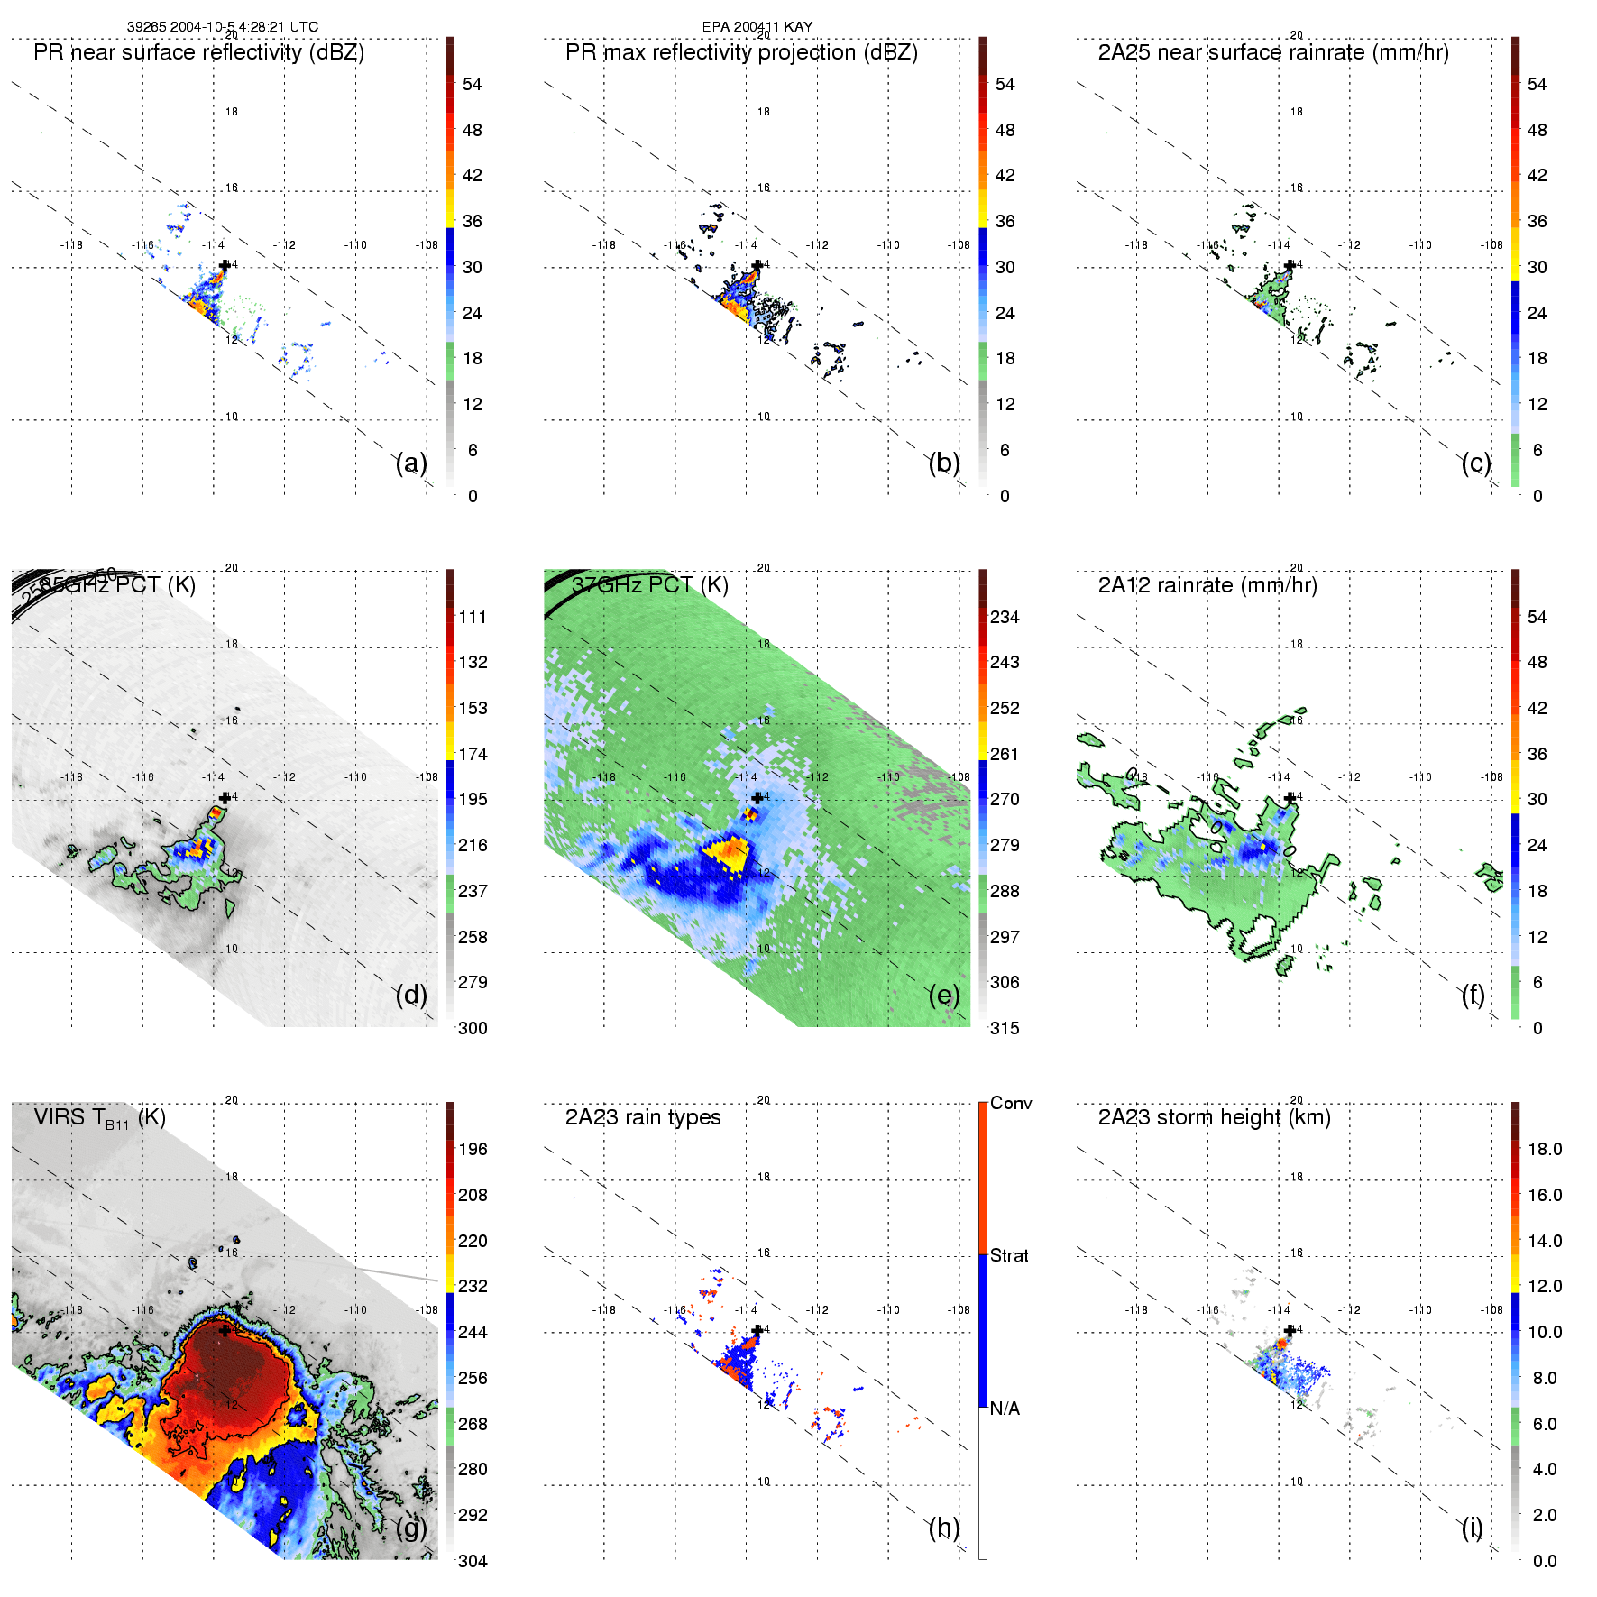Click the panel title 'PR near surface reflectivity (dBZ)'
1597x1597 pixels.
click(198, 52)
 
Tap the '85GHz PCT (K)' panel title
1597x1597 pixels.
click(117, 585)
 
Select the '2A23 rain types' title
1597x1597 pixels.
click(643, 1117)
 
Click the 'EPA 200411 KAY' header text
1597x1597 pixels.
click(757, 27)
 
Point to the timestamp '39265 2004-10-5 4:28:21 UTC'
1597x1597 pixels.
click(223, 27)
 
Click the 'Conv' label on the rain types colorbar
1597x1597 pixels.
click(1011, 1103)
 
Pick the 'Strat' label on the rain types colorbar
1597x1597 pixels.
click(1009, 1255)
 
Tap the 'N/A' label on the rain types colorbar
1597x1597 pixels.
click(1005, 1409)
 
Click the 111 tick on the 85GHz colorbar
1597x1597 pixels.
click(473, 617)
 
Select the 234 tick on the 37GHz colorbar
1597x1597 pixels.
click(1005, 617)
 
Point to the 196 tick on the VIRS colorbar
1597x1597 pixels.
click(473, 1149)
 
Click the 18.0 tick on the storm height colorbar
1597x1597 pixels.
click(1545, 1149)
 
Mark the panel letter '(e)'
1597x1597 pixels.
click(943, 995)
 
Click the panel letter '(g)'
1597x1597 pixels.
click(411, 1528)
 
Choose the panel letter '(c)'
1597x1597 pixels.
click(1475, 463)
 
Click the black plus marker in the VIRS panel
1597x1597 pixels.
click(225, 1330)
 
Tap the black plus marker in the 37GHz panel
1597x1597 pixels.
click(757, 798)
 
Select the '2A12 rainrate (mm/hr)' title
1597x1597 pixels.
click(1207, 585)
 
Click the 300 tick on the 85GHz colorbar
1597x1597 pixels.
click(473, 1028)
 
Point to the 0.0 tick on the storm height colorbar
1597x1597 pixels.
click(1545, 1561)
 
